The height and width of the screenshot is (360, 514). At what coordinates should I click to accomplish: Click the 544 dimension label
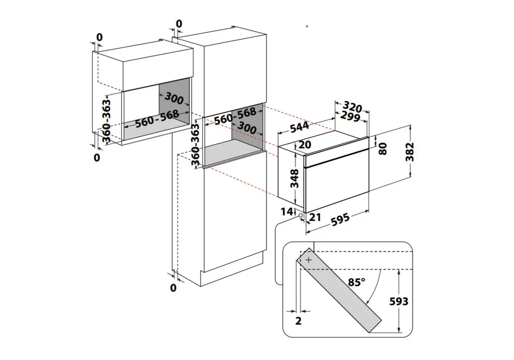pyautogui.click(x=300, y=127)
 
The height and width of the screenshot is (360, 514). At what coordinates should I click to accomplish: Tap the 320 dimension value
pyautogui.click(x=353, y=107)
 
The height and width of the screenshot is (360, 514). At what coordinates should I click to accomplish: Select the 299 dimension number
pyautogui.click(x=350, y=116)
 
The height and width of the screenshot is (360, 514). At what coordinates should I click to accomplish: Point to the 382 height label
pyautogui.click(x=409, y=152)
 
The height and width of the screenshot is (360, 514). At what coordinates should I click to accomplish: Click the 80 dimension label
pyautogui.click(x=383, y=149)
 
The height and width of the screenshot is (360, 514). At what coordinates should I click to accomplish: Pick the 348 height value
pyautogui.click(x=294, y=179)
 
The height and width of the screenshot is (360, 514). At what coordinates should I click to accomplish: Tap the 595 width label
pyautogui.click(x=340, y=220)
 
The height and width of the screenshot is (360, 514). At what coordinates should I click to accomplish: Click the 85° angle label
pyautogui.click(x=356, y=282)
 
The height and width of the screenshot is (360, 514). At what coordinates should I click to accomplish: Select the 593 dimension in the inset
pyautogui.click(x=399, y=301)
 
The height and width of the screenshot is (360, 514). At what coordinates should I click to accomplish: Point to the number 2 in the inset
pyautogui.click(x=298, y=321)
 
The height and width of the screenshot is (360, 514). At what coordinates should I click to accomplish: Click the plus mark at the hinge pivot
pyautogui.click(x=309, y=260)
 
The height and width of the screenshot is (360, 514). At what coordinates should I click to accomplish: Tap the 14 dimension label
pyautogui.click(x=287, y=211)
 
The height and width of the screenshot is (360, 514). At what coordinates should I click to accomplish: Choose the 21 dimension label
pyautogui.click(x=315, y=217)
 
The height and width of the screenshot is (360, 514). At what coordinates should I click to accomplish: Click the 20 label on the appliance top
pyautogui.click(x=305, y=145)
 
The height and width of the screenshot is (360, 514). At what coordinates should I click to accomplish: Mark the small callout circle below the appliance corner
pyautogui.click(x=300, y=216)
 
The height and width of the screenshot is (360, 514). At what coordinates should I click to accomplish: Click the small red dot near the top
pyautogui.click(x=307, y=27)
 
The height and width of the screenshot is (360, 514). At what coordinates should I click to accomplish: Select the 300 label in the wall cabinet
pyautogui.click(x=174, y=98)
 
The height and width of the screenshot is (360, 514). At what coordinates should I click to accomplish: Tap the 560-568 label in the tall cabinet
pyautogui.click(x=235, y=116)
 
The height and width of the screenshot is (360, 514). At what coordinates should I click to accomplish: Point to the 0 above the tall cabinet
pyautogui.click(x=179, y=24)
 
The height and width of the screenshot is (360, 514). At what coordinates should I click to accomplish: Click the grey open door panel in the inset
pyautogui.click(x=339, y=290)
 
